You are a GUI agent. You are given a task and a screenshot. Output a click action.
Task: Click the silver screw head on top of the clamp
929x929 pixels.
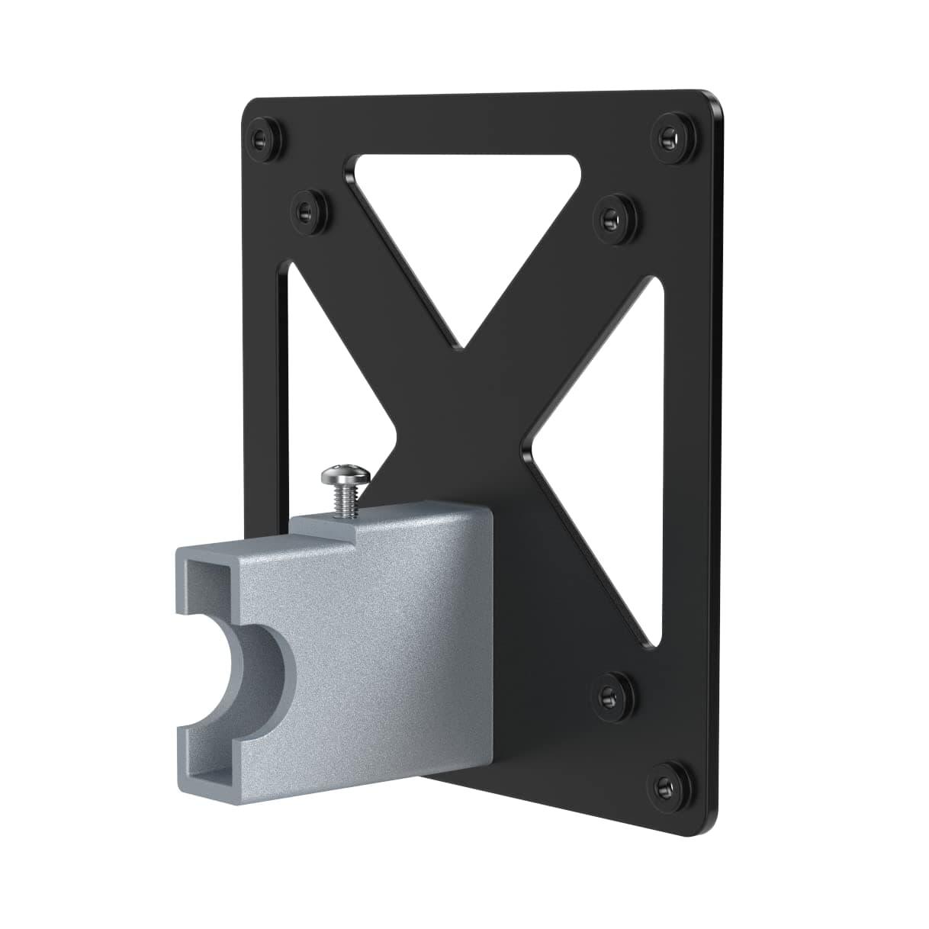346,476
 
